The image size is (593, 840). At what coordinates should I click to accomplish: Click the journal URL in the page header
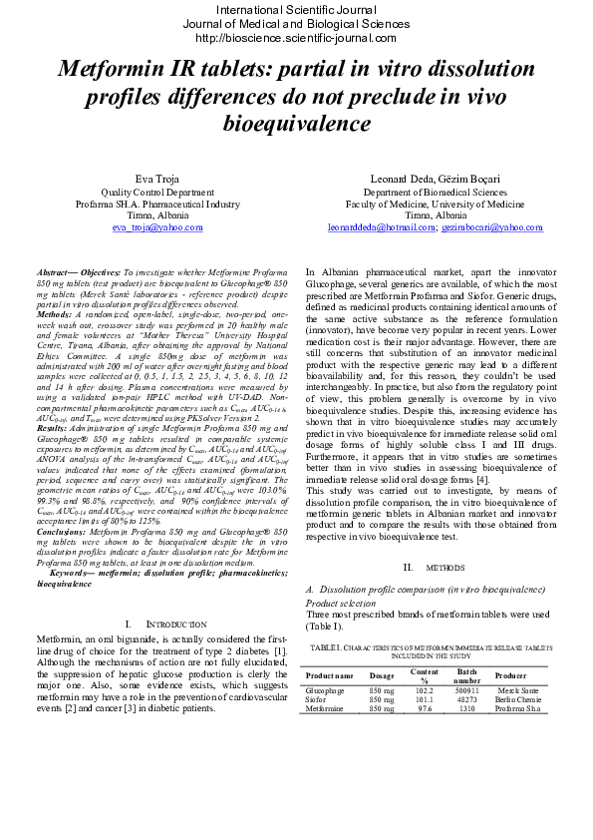(x=296, y=38)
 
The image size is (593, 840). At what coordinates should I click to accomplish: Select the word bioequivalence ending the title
(x=295, y=124)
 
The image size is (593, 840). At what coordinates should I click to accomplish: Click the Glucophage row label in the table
(x=324, y=690)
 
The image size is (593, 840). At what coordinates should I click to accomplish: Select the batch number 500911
(x=466, y=690)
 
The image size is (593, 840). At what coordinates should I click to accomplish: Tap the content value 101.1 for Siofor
(x=424, y=699)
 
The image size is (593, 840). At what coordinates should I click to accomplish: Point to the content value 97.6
(x=424, y=708)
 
